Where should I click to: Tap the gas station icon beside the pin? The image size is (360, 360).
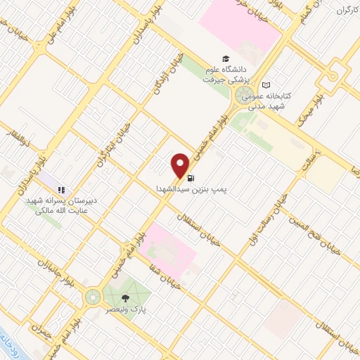pyautogui.click(x=193, y=179)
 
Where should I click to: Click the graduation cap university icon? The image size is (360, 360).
pyautogui.click(x=225, y=59)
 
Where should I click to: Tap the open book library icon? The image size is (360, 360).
pyautogui.click(x=265, y=84)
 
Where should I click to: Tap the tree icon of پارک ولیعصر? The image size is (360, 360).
pyautogui.click(x=125, y=297)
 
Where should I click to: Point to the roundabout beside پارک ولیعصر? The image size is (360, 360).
pyautogui.click(x=92, y=297)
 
